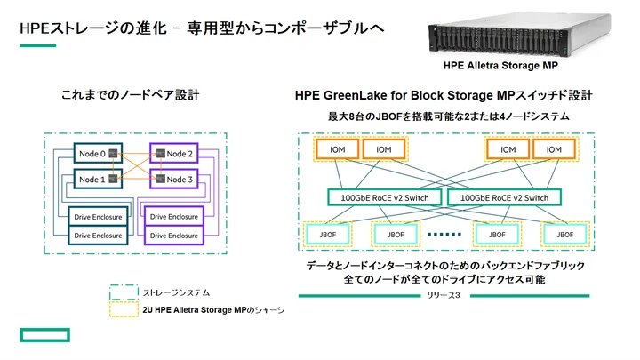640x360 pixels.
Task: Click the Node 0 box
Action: pos(92,154)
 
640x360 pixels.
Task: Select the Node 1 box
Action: pos(92,180)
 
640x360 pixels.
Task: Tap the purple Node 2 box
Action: pos(178,154)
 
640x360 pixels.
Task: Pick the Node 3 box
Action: pos(178,180)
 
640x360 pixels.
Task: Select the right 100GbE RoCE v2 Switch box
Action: pos(504,197)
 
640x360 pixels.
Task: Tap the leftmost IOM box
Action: pos(333,150)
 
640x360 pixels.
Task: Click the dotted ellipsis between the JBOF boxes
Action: pos(444,235)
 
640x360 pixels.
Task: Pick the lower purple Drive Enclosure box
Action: pos(174,236)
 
